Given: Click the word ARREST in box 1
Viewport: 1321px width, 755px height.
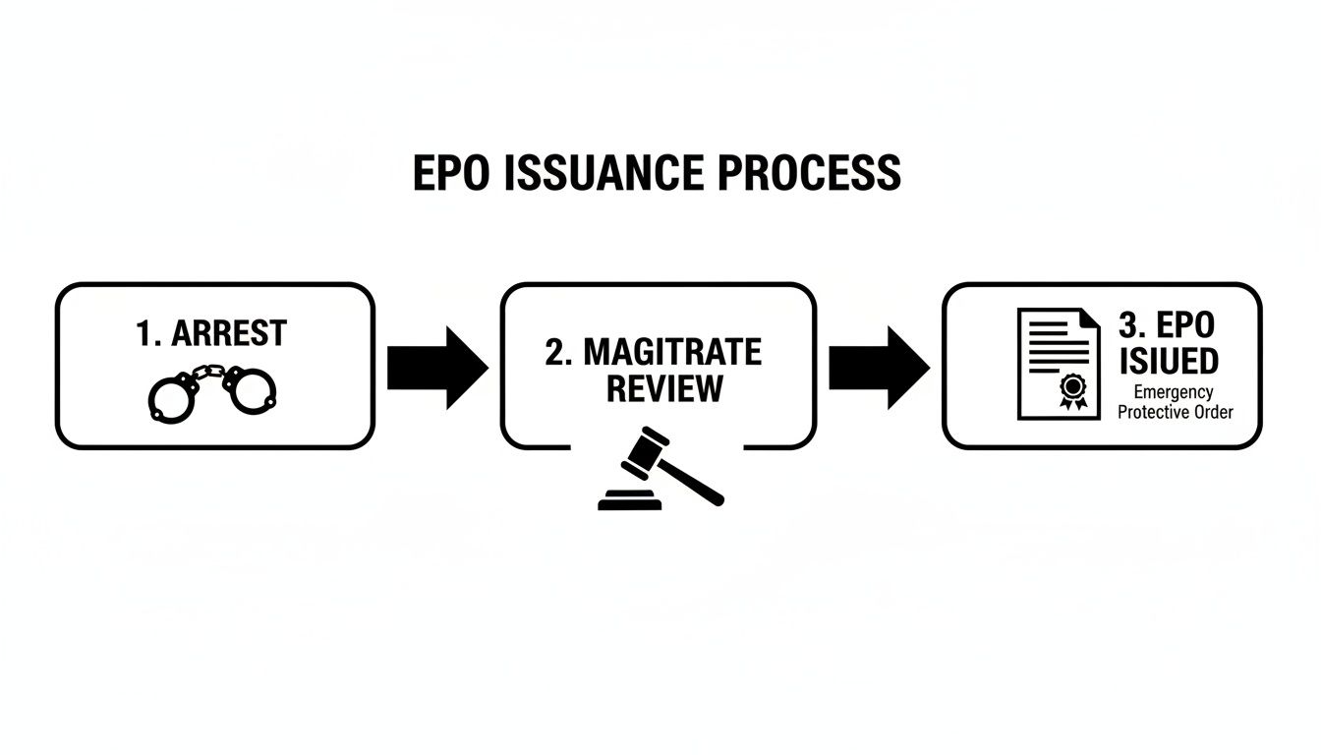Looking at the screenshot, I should click(228, 334).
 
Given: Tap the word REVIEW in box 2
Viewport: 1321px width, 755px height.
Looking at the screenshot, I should click(663, 387).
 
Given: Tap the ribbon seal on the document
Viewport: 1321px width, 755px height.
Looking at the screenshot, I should click(1071, 392).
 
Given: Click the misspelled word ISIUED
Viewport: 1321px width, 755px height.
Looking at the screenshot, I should click(1168, 361).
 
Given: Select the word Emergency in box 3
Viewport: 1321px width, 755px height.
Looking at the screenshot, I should click(1173, 393).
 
